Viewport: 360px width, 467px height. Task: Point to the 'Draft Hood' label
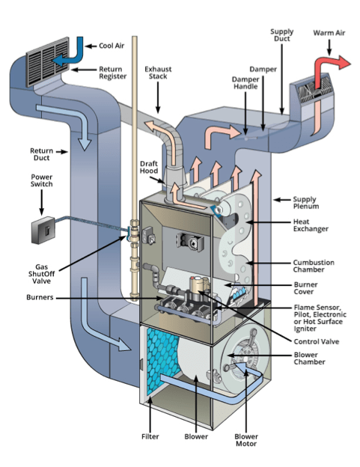[148, 168]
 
